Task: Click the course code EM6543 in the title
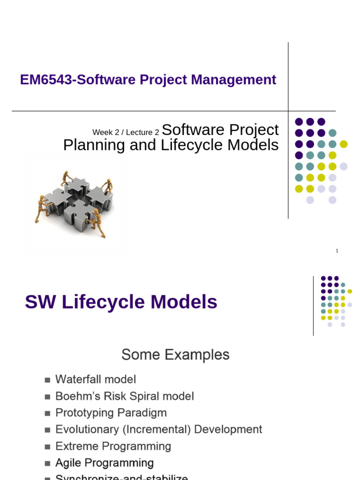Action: coord(46,80)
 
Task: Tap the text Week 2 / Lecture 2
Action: coord(126,133)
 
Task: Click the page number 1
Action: coord(337,251)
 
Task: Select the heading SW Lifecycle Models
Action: coord(121,302)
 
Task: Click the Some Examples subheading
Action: coord(175,355)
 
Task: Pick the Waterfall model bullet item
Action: coord(96,379)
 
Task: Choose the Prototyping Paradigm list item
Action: coord(111,413)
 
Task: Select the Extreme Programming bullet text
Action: coord(113,446)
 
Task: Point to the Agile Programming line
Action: coord(105,463)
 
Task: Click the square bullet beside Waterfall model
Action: coord(47,380)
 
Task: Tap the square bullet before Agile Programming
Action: coord(47,464)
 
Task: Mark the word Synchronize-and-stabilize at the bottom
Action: coord(122,477)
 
